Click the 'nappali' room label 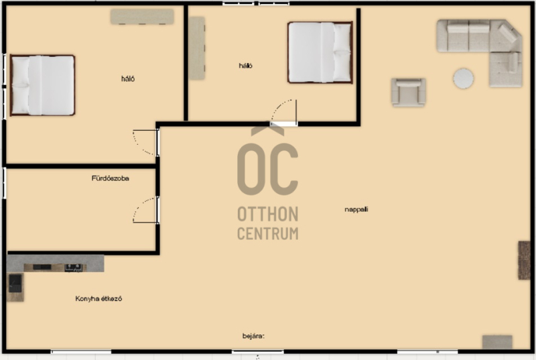click(356, 209)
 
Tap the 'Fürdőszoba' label click(110, 178)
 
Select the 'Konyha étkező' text click(98, 298)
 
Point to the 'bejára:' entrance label click(253, 336)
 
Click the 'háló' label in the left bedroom click(128, 78)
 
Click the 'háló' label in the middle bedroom click(245, 66)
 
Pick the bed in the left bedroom click(42, 85)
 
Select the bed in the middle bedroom click(320, 52)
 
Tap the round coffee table click(463, 78)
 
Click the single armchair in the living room click(409, 92)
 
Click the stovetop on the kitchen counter click(74, 267)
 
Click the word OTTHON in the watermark click(267, 215)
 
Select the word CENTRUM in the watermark click(267, 233)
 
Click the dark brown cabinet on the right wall click(524, 260)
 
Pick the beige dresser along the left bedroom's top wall click(142, 16)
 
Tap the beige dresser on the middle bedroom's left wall click(197, 48)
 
